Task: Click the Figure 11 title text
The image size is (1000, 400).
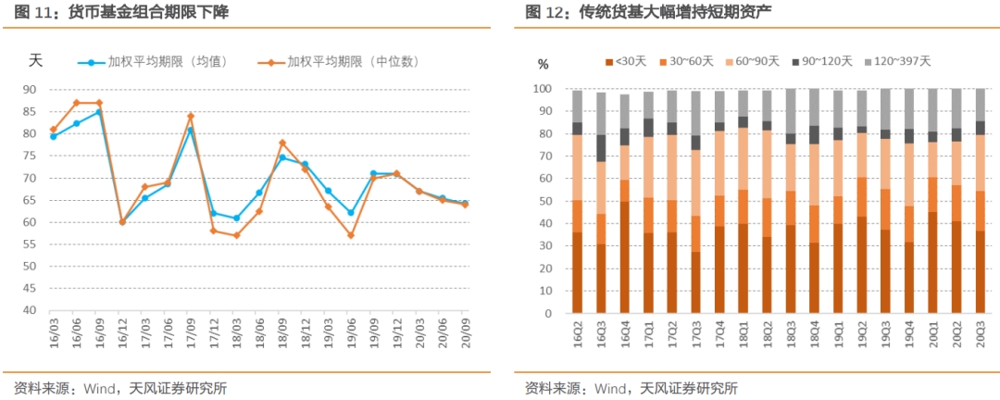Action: (121, 13)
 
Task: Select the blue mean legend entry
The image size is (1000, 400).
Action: (168, 62)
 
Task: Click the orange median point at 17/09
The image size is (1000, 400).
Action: (190, 117)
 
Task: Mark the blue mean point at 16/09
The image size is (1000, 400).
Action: (99, 112)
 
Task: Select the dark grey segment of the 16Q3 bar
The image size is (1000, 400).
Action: (601, 148)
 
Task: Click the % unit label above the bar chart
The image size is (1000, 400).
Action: (544, 65)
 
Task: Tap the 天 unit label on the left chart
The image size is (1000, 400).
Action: (35, 61)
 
